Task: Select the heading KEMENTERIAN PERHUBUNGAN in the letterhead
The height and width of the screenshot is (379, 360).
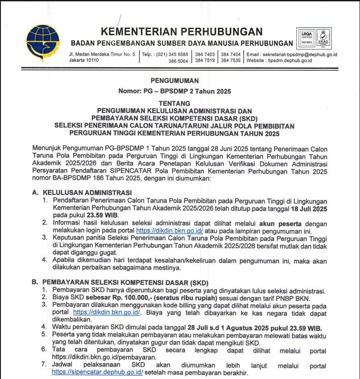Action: (x=182, y=31)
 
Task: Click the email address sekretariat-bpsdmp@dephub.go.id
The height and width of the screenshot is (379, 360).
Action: (x=300, y=55)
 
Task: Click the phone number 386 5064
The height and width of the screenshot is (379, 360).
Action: (x=178, y=61)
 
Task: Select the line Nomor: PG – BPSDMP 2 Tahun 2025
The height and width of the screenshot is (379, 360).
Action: (x=174, y=91)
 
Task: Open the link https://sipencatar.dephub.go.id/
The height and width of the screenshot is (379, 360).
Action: (x=97, y=372)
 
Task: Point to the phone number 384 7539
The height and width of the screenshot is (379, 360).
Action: (x=230, y=61)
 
